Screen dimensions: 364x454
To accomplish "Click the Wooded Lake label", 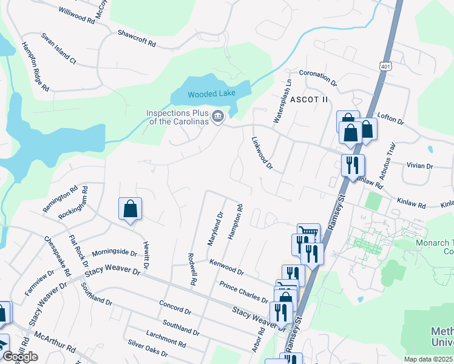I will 211,94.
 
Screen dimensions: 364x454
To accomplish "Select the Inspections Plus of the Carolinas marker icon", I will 217,115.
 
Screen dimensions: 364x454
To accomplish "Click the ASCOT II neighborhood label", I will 308,99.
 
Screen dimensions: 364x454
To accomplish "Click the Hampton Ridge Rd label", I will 35,67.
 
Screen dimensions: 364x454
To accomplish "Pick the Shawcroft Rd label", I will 137,38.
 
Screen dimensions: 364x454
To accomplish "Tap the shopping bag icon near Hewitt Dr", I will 130,209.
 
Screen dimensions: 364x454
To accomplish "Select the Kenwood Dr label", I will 226,267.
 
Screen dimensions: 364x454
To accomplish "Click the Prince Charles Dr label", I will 243,291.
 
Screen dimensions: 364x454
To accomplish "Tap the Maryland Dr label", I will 215,229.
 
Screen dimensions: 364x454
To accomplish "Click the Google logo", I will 21,357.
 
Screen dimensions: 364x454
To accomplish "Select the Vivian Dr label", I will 421,165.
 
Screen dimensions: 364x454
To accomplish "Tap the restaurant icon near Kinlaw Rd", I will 352,165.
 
